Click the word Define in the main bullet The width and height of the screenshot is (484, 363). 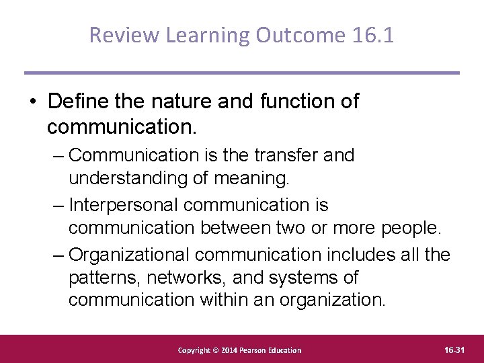(74, 102)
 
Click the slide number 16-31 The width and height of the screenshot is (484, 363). (454, 350)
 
